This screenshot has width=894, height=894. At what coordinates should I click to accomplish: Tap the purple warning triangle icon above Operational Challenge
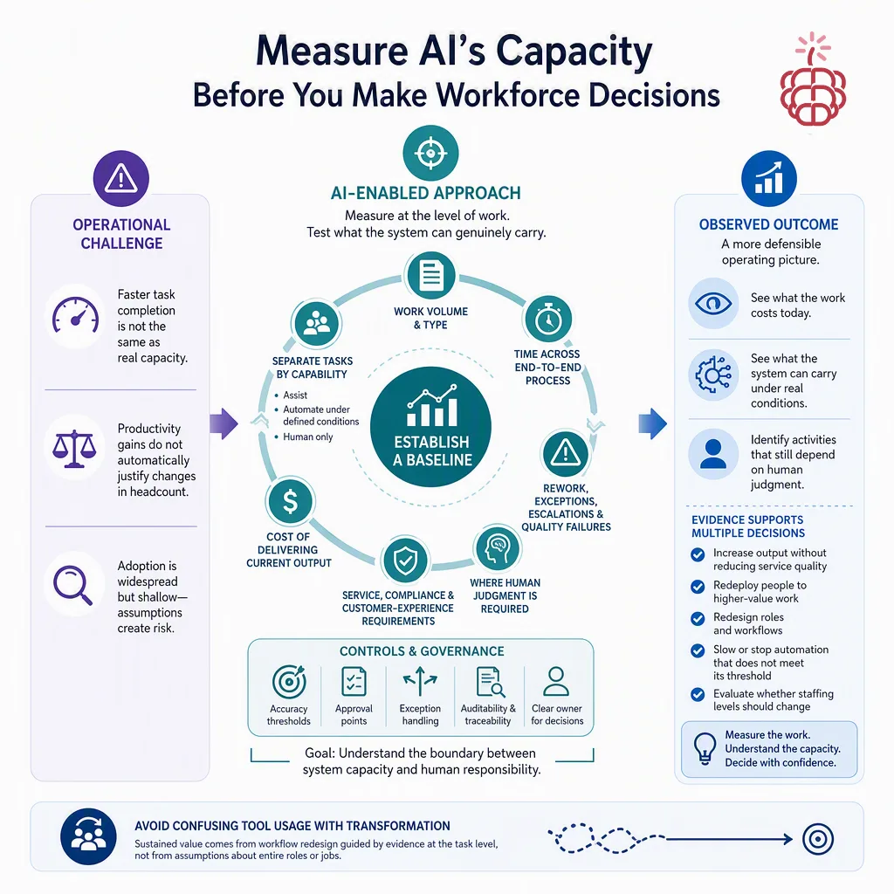(120, 178)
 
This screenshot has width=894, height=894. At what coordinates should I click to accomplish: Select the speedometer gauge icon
(75, 315)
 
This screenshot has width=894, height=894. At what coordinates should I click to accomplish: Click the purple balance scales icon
(74, 449)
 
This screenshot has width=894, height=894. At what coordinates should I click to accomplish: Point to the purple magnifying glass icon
(73, 584)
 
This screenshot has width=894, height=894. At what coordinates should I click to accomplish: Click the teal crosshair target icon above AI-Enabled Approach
(430, 153)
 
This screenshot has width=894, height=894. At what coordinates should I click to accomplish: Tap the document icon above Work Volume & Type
(431, 275)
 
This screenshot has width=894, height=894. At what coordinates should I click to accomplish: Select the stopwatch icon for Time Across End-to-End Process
(548, 319)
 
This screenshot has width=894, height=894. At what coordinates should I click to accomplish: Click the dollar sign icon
(290, 502)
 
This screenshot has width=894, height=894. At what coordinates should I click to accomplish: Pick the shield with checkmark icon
(405, 560)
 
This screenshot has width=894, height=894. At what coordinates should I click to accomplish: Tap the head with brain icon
(498, 548)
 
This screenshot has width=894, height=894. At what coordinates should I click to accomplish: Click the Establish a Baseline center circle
(431, 426)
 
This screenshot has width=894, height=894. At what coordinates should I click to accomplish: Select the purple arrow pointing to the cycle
(223, 423)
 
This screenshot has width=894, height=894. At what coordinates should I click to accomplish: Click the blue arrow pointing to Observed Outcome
(653, 423)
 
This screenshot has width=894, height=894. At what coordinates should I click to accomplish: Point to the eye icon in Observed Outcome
(713, 303)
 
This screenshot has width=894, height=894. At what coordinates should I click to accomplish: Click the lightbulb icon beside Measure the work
(705, 748)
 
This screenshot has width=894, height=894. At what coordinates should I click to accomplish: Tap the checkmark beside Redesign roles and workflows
(698, 619)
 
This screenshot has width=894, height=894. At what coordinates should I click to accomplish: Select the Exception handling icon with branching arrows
(420, 681)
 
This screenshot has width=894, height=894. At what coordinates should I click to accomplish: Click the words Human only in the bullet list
(308, 437)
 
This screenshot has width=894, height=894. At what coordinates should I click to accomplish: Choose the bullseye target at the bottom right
(818, 839)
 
